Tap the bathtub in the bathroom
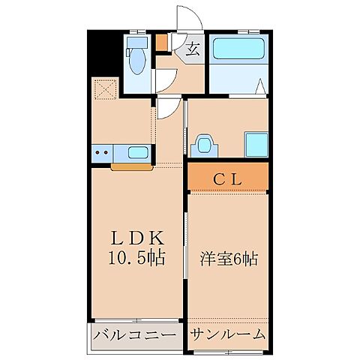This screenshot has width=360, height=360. tap(236, 50)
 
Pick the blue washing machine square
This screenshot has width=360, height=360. tap(256, 142)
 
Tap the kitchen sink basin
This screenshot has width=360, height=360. tap(138, 153)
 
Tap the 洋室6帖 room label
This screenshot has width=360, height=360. tap(229, 259)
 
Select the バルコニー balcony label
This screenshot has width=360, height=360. tap(136, 334)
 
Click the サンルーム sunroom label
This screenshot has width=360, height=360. tap(227, 334)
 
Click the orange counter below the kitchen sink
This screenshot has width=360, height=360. tap(131, 166)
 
